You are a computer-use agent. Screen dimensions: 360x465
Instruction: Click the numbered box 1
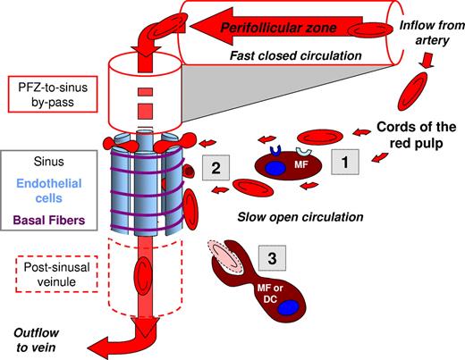[345, 161]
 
